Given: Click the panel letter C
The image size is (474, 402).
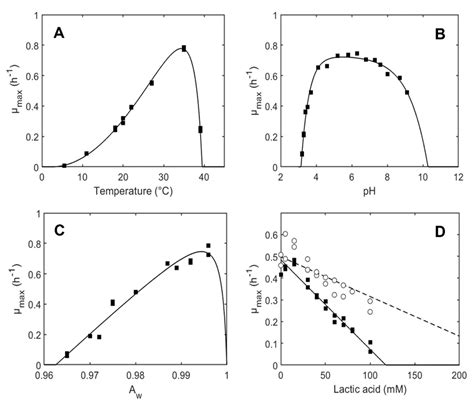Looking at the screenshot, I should point(59,232).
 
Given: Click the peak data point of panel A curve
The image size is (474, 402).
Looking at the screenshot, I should point(184,48).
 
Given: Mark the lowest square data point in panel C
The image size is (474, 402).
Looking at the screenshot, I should point(67,354).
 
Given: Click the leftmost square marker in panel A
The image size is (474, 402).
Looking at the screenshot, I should point(64,165).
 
